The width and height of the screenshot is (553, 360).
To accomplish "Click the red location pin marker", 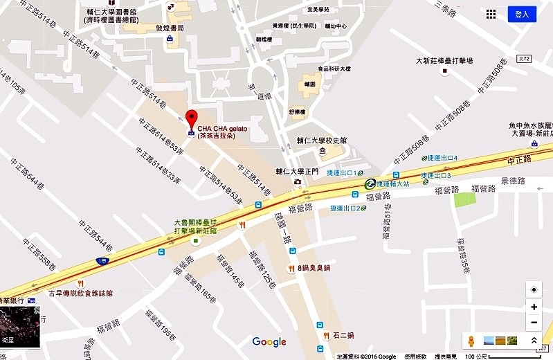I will pyautogui.click(x=192, y=118).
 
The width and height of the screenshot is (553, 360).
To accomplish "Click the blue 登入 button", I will pyautogui.click(x=522, y=14).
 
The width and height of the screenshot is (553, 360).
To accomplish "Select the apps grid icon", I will pyautogui.click(x=491, y=14).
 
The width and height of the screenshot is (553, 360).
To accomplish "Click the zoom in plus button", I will pyautogui.click(x=534, y=307).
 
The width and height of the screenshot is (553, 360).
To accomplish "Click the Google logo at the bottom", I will pyautogui.click(x=269, y=341).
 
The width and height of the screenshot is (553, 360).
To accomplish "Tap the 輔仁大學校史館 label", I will pyautogui.click(x=323, y=140).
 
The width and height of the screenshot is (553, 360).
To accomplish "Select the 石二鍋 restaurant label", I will pyautogui.click(x=342, y=335).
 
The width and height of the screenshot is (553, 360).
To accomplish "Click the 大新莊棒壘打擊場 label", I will pyautogui.click(x=444, y=61).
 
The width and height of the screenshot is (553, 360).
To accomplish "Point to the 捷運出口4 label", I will pyautogui.click(x=444, y=159).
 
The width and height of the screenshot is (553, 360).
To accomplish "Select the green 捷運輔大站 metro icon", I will pyautogui.click(x=371, y=183).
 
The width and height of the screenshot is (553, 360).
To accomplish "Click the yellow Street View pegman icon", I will pyautogui.click(x=472, y=341).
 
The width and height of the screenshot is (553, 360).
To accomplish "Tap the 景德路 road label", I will pyautogui.click(x=513, y=181).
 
